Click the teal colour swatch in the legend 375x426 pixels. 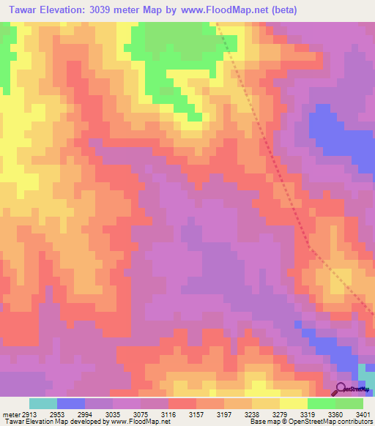click(42, 403)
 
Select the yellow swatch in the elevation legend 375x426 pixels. click(293, 403)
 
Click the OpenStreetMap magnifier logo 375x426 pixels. click(341, 388)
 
